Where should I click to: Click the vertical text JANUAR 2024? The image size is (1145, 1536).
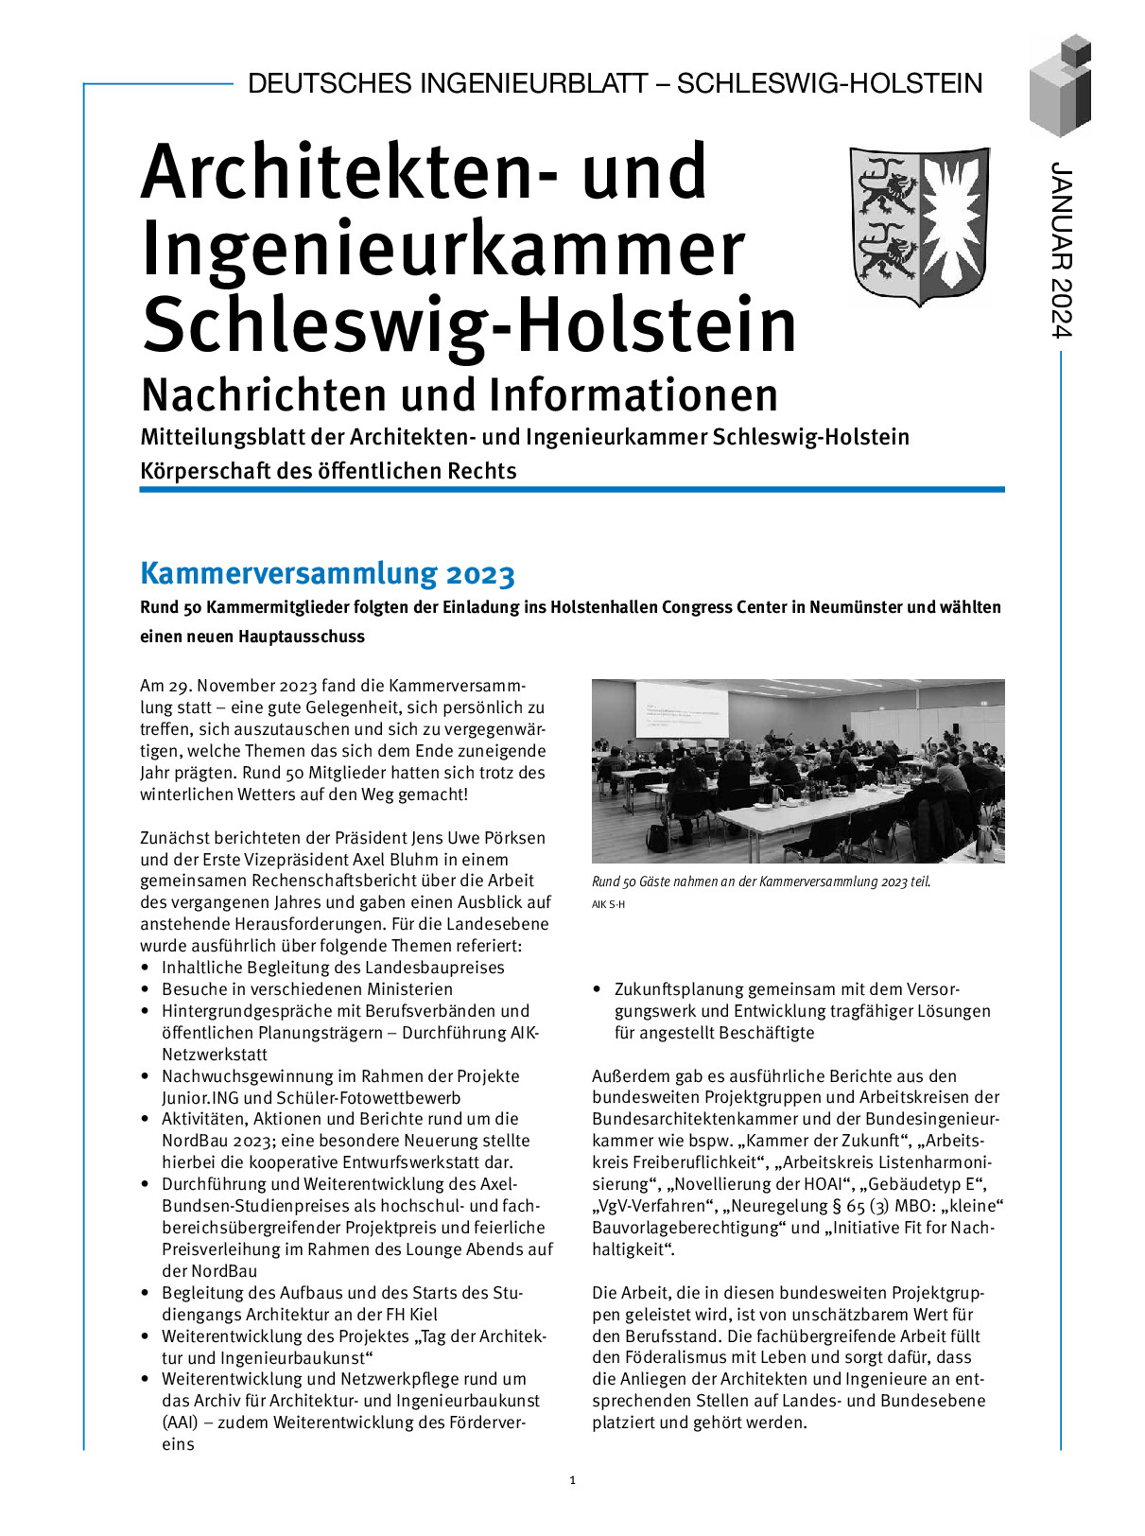[1062, 250]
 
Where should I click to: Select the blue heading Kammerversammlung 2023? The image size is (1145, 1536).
[327, 573]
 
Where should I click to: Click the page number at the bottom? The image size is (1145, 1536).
[573, 1480]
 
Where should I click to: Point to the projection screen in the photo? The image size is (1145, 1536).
[682, 710]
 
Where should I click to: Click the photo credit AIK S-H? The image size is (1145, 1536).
[608, 904]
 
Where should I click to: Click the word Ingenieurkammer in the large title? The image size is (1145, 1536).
[443, 249]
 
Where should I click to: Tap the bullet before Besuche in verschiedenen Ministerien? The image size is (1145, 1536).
[145, 989]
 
